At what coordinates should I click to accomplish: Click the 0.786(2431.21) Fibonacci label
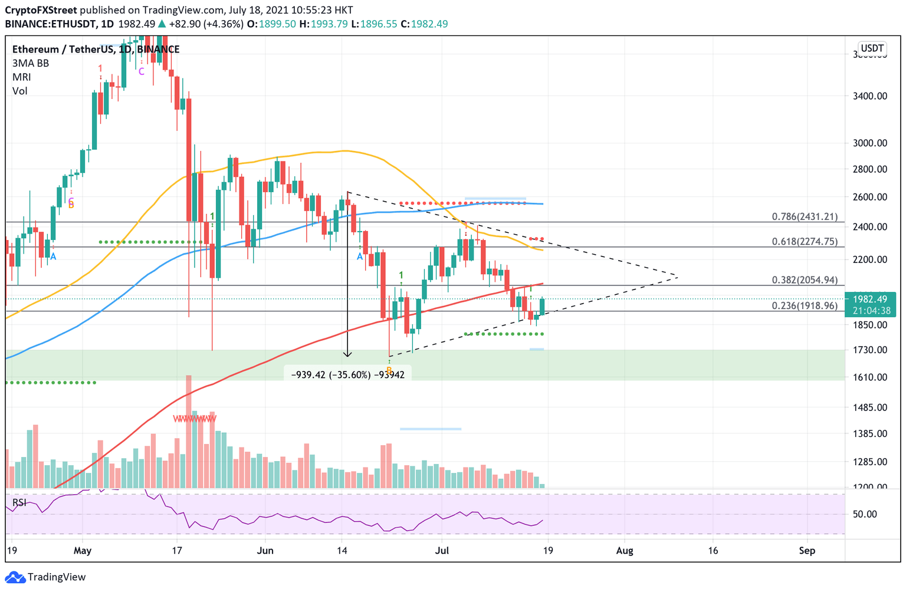[805, 216]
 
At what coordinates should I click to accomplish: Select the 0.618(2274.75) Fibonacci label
[805, 241]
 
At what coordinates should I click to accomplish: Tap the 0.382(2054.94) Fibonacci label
[805, 280]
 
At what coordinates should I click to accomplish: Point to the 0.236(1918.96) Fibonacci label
[805, 305]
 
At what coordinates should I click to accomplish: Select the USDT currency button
[872, 48]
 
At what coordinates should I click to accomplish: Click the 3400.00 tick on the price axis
[869, 96]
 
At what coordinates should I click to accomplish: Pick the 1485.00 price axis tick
[869, 407]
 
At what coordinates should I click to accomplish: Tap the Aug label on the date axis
[624, 551]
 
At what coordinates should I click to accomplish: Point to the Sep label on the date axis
[807, 551]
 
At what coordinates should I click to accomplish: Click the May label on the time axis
[83, 551]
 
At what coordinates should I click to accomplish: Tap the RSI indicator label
[19, 502]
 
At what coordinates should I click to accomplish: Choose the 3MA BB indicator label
[30, 63]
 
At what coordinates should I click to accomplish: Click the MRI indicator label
[21, 77]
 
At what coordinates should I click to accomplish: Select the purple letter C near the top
[142, 71]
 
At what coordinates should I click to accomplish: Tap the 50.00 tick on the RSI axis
[865, 514]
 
